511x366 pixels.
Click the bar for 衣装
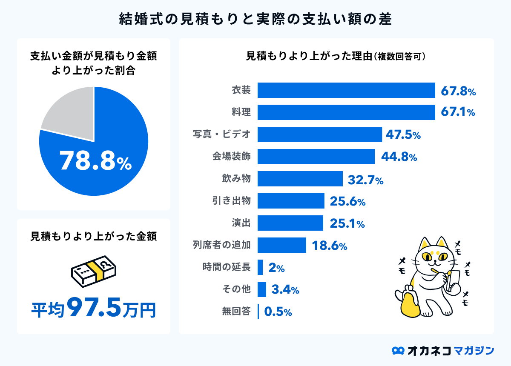click(346, 90)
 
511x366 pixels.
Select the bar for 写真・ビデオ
click(319, 134)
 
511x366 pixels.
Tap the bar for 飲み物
click(300, 179)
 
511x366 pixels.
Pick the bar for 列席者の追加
click(281, 245)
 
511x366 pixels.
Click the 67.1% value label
click(458, 112)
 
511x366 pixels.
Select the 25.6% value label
click(347, 201)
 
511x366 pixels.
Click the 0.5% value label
click(278, 312)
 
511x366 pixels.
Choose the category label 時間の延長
click(226, 267)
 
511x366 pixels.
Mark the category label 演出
click(241, 223)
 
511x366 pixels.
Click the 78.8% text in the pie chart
click(95, 161)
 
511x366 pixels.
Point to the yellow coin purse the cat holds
click(410, 303)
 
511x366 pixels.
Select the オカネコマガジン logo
click(443, 350)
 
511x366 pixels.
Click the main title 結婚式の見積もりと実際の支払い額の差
click(255, 20)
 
